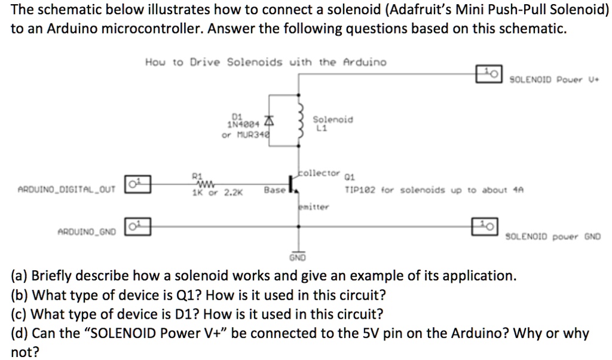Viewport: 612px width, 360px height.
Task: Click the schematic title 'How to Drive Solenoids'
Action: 265,62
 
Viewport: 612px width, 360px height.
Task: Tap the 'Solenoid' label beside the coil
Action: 333,120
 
